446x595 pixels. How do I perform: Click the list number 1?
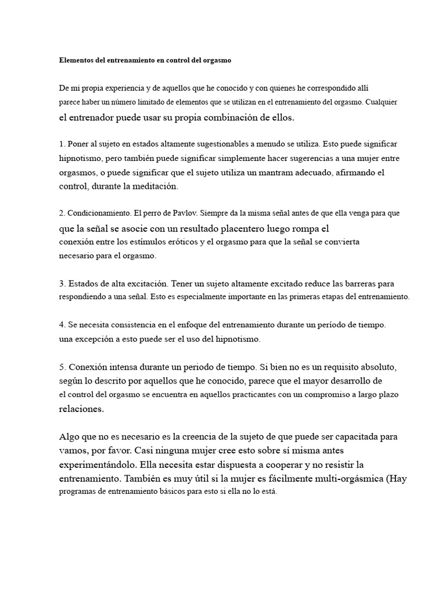(62, 144)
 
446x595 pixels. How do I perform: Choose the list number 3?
(62, 284)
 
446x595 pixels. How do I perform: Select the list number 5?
(62, 367)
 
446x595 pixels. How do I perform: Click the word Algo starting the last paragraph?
(71, 436)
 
